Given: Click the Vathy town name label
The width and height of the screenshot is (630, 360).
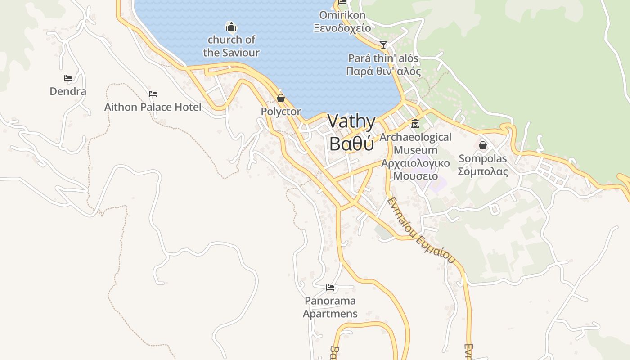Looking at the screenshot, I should [351, 121].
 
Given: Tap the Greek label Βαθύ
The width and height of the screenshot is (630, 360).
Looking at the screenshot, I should [351, 144].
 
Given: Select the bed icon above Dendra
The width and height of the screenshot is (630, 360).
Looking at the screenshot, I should [68, 78].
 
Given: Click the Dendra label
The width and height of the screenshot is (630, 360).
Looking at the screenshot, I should [68, 91].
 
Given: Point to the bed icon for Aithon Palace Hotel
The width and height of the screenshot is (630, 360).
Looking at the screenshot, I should [153, 94].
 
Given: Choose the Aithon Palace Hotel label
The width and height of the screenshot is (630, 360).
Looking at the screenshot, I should [153, 107].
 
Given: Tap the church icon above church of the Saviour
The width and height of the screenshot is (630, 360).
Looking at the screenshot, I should [231, 27].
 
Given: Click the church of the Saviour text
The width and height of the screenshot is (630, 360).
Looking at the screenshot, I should [231, 46].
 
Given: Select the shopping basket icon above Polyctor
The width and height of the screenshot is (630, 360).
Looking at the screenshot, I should [281, 98].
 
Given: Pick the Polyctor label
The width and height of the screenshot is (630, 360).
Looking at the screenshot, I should [281, 112].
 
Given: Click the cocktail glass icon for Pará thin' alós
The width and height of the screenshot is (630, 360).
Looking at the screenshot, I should [383, 45].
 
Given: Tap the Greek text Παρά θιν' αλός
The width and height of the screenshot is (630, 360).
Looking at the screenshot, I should [383, 71].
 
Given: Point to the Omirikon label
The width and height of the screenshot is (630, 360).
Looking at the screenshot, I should [342, 15].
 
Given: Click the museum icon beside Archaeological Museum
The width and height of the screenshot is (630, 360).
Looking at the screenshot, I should [415, 123].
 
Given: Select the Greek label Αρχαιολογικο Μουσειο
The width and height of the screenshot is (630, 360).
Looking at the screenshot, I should [415, 169].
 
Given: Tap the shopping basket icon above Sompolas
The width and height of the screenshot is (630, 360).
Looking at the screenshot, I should [483, 145].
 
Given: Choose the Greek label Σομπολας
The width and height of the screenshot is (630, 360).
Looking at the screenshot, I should [483, 171].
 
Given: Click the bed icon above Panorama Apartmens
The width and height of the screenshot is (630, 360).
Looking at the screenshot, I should [330, 287].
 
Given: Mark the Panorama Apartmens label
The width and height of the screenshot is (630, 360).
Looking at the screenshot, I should [330, 307].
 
